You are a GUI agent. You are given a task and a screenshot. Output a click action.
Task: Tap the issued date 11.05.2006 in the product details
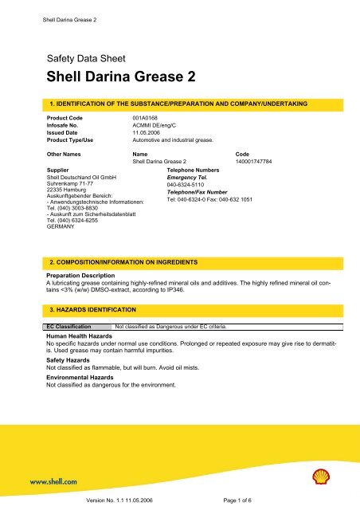(148, 131)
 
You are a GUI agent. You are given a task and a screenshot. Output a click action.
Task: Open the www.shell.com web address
(54, 481)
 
